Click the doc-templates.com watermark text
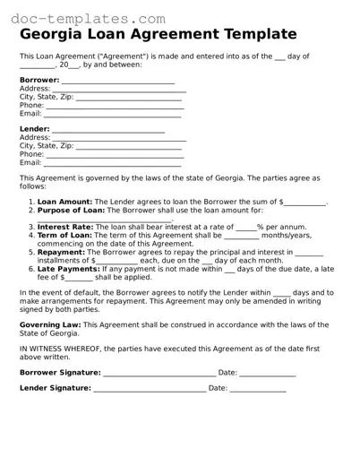click(72, 17)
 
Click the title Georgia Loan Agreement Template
click(158, 34)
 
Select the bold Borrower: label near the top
click(39, 81)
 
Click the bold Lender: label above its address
click(35, 130)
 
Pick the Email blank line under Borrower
click(113, 115)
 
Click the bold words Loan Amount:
click(64, 203)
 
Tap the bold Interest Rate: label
click(65, 228)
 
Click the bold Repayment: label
click(61, 253)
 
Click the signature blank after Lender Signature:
click(149, 390)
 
